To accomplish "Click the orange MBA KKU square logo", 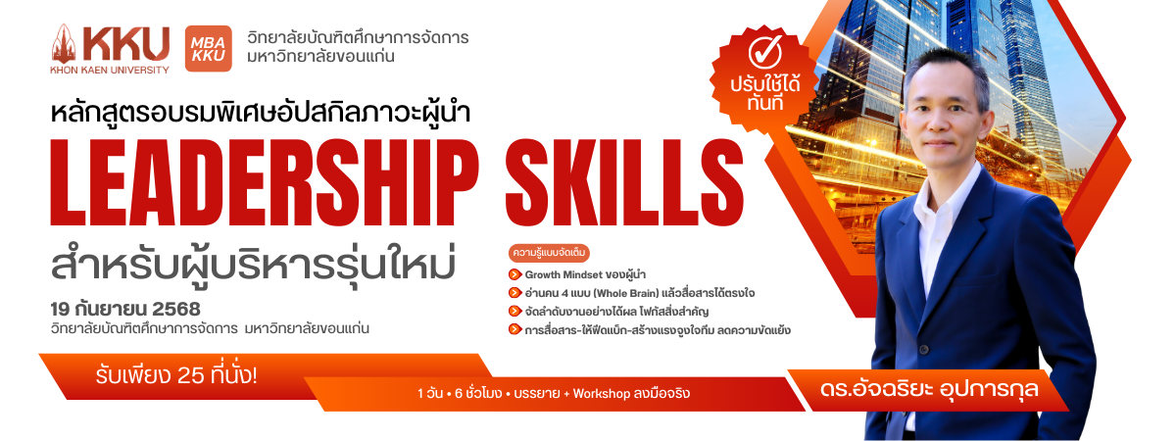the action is (209, 48).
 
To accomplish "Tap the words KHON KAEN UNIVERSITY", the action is (110, 70).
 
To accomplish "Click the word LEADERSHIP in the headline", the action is (265, 182).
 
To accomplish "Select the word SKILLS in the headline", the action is (624, 182).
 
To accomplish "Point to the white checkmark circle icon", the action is (765, 53).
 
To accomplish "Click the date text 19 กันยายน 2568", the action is (125, 310).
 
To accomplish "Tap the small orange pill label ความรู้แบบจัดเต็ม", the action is (549, 253).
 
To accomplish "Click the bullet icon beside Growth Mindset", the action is (515, 274).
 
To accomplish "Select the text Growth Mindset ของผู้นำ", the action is (585, 274).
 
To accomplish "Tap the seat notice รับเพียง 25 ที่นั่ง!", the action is (176, 376).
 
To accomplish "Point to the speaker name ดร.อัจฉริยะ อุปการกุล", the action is (929, 390).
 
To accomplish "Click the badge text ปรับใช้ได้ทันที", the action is (765, 93).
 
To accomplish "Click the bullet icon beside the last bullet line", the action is (515, 329).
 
